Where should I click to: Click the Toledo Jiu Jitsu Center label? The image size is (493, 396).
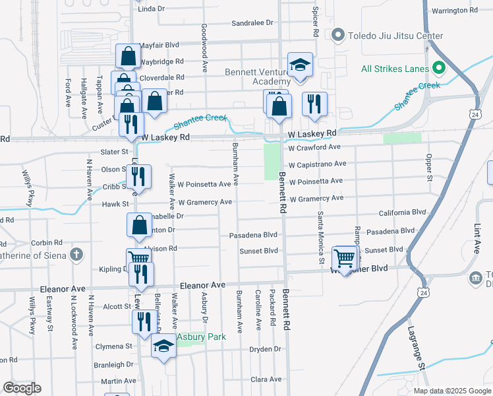click(x=395, y=35)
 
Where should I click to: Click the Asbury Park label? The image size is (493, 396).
click(x=204, y=337)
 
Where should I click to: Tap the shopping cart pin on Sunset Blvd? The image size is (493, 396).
click(x=345, y=258)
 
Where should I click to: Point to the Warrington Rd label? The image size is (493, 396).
click(x=454, y=11)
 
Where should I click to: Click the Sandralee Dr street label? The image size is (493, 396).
click(x=252, y=22)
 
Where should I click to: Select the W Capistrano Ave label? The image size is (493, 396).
click(x=317, y=164)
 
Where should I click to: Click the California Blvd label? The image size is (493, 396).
click(x=402, y=213)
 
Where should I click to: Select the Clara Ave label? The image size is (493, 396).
click(x=266, y=379)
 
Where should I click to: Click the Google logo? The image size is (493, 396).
click(x=22, y=388)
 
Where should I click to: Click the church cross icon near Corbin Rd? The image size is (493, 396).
click(x=76, y=254)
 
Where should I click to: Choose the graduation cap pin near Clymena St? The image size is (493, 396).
click(x=163, y=346)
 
